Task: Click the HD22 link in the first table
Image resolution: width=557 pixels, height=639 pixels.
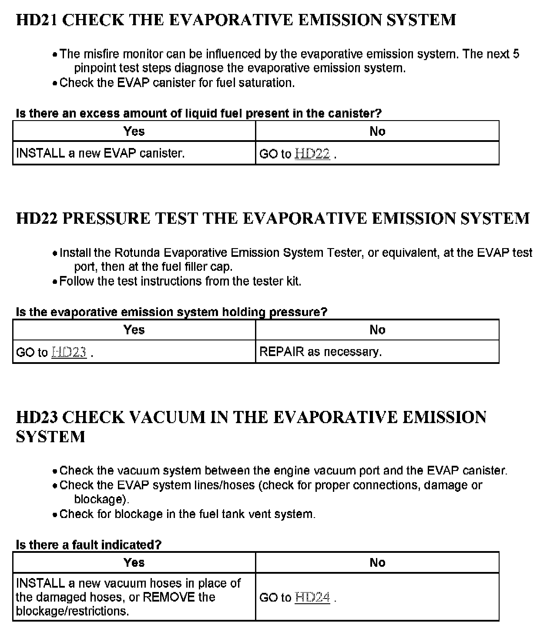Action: [x=312, y=154]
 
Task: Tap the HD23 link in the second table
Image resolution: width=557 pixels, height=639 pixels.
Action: [x=69, y=352]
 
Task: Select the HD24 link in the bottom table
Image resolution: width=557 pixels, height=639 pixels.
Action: [x=312, y=597]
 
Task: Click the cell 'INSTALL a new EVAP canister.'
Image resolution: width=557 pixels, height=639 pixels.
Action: [x=101, y=153]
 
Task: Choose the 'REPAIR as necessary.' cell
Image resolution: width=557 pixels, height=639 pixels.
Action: [x=320, y=352]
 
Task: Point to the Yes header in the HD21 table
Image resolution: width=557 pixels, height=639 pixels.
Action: [x=134, y=131]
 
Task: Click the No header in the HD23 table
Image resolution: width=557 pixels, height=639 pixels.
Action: [x=377, y=562]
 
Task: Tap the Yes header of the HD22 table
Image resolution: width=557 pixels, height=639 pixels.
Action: [x=134, y=330]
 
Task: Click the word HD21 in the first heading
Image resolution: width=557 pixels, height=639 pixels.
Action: [x=37, y=20]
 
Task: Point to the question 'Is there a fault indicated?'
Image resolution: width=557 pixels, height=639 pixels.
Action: [x=88, y=545]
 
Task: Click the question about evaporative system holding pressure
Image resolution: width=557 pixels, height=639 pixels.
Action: [x=171, y=312]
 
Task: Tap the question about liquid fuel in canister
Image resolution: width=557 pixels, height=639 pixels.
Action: [x=198, y=113]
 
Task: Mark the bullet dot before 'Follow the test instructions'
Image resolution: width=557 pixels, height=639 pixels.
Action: [x=55, y=282]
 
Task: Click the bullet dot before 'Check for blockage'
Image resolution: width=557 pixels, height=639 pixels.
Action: [x=55, y=515]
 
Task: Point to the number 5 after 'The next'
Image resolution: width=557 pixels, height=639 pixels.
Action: [x=516, y=54]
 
